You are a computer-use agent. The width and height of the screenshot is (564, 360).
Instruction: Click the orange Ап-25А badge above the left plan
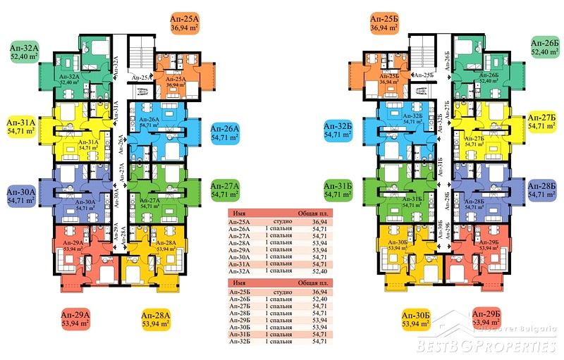coord(185,23)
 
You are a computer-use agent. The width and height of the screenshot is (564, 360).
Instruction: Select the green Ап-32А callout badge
coord(25,52)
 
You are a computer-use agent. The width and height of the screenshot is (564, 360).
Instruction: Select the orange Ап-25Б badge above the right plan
coord(385,23)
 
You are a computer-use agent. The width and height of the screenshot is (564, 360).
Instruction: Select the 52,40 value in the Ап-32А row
coord(321,271)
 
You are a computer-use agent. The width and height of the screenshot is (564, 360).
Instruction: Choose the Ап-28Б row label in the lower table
coord(240,312)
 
